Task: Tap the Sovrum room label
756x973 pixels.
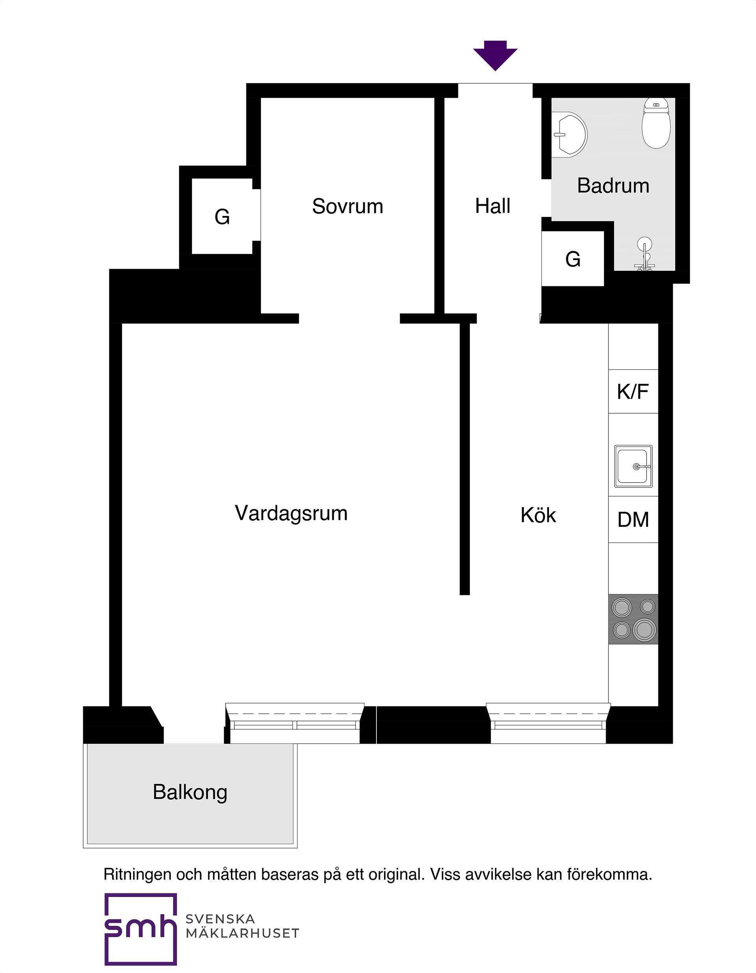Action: pyautogui.click(x=347, y=206)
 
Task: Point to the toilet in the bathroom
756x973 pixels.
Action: pyautogui.click(x=656, y=123)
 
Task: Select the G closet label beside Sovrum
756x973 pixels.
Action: pyautogui.click(x=222, y=217)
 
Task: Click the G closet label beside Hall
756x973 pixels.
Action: pyautogui.click(x=573, y=259)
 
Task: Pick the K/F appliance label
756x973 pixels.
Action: pyautogui.click(x=633, y=392)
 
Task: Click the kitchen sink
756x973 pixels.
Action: pyautogui.click(x=633, y=466)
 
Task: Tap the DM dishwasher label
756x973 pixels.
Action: pyautogui.click(x=633, y=520)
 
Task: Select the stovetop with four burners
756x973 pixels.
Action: pyautogui.click(x=633, y=619)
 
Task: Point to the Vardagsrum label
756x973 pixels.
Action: pyautogui.click(x=291, y=514)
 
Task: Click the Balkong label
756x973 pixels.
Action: pyautogui.click(x=190, y=792)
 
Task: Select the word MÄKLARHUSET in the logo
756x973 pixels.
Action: pyautogui.click(x=242, y=933)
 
